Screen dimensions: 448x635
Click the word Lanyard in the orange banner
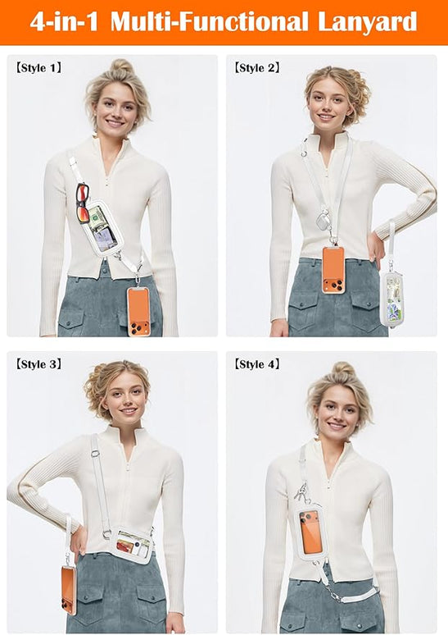tap(367, 23)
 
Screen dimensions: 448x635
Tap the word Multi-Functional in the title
tap(209, 21)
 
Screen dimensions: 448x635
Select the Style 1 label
tap(38, 67)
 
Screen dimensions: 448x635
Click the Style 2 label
tap(257, 67)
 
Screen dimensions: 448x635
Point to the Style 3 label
tap(38, 364)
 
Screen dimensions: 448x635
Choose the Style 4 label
tap(257, 364)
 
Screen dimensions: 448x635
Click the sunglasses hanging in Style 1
tap(83, 203)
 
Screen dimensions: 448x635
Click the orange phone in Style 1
tap(138, 312)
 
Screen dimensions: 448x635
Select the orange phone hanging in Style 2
tap(333, 270)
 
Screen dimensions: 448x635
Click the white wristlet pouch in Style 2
tap(391, 299)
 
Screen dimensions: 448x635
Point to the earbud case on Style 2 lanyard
tap(324, 221)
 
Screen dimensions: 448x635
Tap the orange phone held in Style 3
tap(69, 590)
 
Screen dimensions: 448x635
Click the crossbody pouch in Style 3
tap(130, 544)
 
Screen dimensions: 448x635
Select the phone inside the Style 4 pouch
tap(311, 532)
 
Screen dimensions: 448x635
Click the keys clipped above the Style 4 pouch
tap(301, 491)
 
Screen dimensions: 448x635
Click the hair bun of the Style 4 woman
tap(343, 368)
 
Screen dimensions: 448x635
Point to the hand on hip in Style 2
tap(376, 249)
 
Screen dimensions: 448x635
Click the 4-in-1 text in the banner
tap(65, 21)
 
